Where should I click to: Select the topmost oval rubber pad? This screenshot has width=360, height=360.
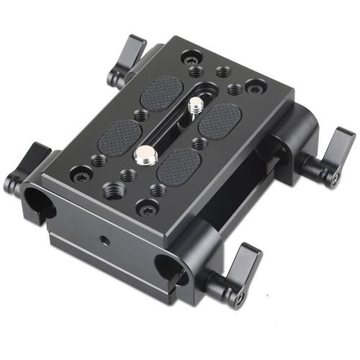pyautogui.click(x=161, y=93)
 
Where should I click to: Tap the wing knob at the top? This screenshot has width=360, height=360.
pyautogui.click(x=128, y=62)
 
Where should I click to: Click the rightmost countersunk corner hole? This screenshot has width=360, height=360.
pyautogui.click(x=253, y=86)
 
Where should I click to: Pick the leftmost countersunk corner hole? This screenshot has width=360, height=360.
pyautogui.click(x=81, y=174)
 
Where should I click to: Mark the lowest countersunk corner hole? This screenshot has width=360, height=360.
pyautogui.click(x=148, y=210)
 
